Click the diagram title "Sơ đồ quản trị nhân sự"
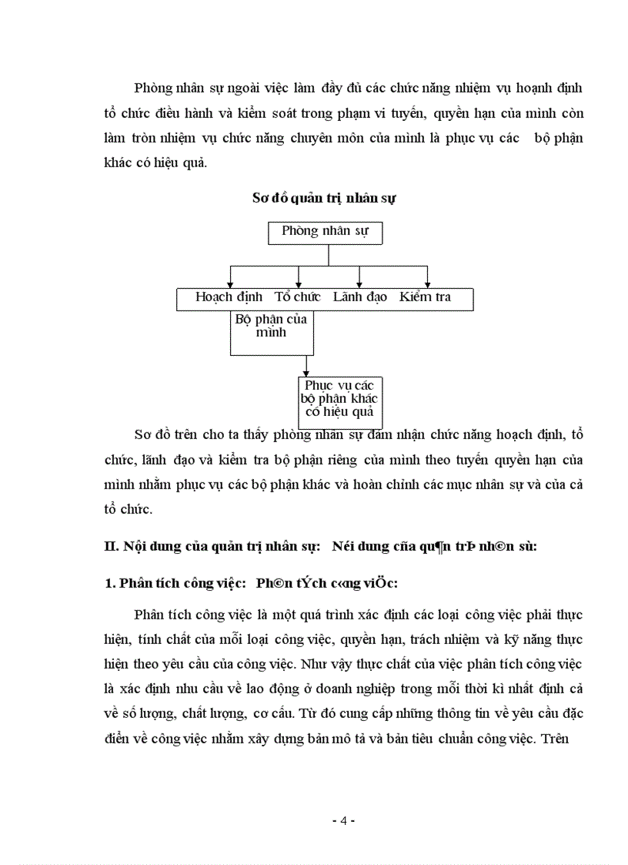(x=324, y=198)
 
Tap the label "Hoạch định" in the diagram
(x=229, y=297)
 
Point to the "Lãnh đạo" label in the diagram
(x=359, y=297)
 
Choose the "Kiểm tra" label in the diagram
(x=425, y=297)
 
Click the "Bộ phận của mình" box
(x=271, y=327)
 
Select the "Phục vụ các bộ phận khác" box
(x=340, y=397)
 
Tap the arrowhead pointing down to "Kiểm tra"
(x=428, y=283)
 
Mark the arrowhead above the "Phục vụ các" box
(x=307, y=371)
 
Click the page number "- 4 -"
(x=343, y=821)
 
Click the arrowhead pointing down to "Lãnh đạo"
(x=359, y=283)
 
